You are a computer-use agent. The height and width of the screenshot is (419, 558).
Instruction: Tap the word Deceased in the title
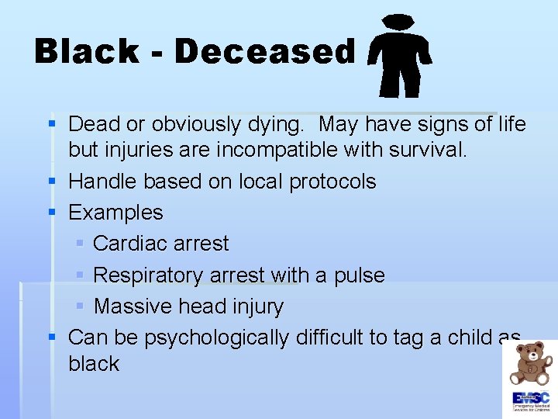coord(265,52)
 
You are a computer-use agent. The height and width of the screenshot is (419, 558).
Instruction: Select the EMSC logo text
coord(530,398)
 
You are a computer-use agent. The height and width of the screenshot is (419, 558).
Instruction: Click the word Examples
coord(116,213)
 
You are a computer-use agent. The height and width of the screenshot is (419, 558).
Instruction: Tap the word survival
coord(424,149)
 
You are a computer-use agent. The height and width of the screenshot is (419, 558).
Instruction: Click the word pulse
coord(360,275)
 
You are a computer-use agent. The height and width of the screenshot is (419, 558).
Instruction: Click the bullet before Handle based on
coord(52,182)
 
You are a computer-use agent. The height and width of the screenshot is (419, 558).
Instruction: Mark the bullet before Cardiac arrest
coord(81,244)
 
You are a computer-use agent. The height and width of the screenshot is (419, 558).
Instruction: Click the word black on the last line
coord(94,364)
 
